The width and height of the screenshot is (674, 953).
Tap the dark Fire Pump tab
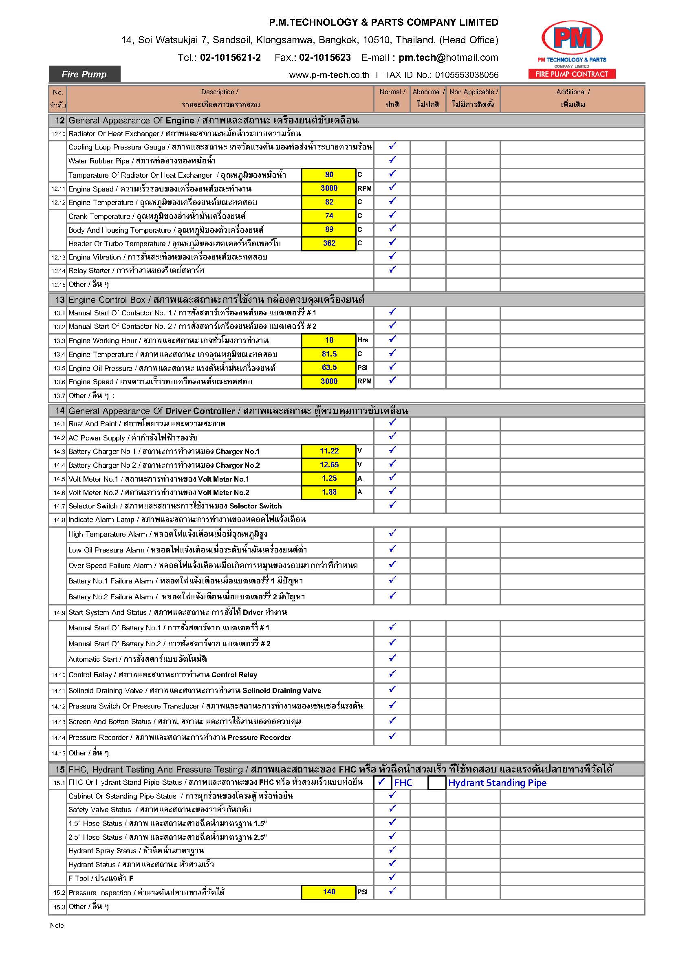tap(84, 74)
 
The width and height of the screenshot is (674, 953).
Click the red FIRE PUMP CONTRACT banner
tap(571, 74)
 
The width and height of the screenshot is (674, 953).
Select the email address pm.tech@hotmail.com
tap(448, 57)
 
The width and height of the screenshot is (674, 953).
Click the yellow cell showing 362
tap(329, 243)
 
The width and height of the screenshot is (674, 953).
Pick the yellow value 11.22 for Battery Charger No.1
tap(329, 451)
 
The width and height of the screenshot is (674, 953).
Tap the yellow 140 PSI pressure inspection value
tap(329, 891)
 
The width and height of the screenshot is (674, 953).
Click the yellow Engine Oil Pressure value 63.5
tap(329, 368)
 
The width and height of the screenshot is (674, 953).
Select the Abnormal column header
tap(428, 98)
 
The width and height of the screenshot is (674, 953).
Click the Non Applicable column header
tap(473, 98)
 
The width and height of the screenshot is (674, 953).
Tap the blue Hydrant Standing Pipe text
tap(497, 783)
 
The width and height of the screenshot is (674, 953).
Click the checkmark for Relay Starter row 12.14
tap(392, 270)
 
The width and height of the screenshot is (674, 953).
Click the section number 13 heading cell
tap(59, 300)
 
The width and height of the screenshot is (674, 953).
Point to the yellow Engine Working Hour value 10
tap(329, 340)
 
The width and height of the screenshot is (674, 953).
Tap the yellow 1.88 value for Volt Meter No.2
tap(329, 492)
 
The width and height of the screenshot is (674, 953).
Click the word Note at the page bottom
tap(57, 925)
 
